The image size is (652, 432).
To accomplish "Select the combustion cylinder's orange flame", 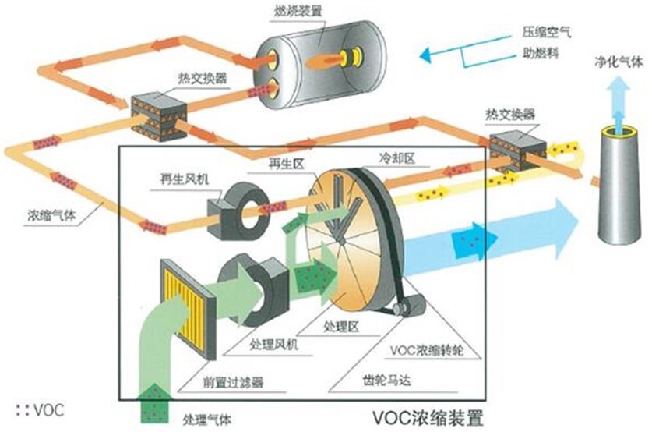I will point(326,58).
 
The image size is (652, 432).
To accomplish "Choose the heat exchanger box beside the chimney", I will point(517,147).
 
